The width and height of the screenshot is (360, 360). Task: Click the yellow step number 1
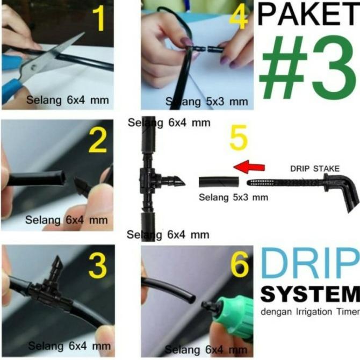click(x=99, y=19)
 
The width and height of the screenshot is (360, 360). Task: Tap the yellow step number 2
click(x=98, y=141)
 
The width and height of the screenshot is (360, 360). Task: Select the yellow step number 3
click(x=98, y=266)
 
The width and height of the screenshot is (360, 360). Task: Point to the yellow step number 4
click(x=239, y=18)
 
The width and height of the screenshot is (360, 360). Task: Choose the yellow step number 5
click(x=239, y=138)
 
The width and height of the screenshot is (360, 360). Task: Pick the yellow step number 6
click(x=240, y=264)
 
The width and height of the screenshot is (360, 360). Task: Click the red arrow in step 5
click(x=249, y=167)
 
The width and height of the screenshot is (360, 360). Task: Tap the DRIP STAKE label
click(x=315, y=169)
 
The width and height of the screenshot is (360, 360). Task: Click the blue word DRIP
click(x=310, y=263)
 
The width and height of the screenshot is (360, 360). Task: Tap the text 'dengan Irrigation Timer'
click(x=310, y=312)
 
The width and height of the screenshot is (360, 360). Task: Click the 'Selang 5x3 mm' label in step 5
click(x=233, y=197)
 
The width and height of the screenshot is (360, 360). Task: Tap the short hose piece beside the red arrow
click(x=219, y=182)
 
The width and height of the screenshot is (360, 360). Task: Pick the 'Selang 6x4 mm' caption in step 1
click(x=68, y=100)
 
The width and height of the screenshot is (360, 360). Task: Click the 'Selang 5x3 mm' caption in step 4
click(x=207, y=101)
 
